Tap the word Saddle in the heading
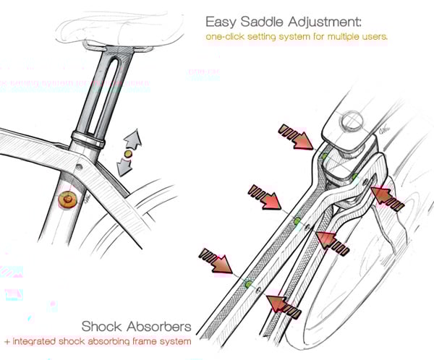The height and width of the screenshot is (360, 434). point(264,21)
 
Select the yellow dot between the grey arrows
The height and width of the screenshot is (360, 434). point(129,154)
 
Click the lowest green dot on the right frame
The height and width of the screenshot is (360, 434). point(248,284)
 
